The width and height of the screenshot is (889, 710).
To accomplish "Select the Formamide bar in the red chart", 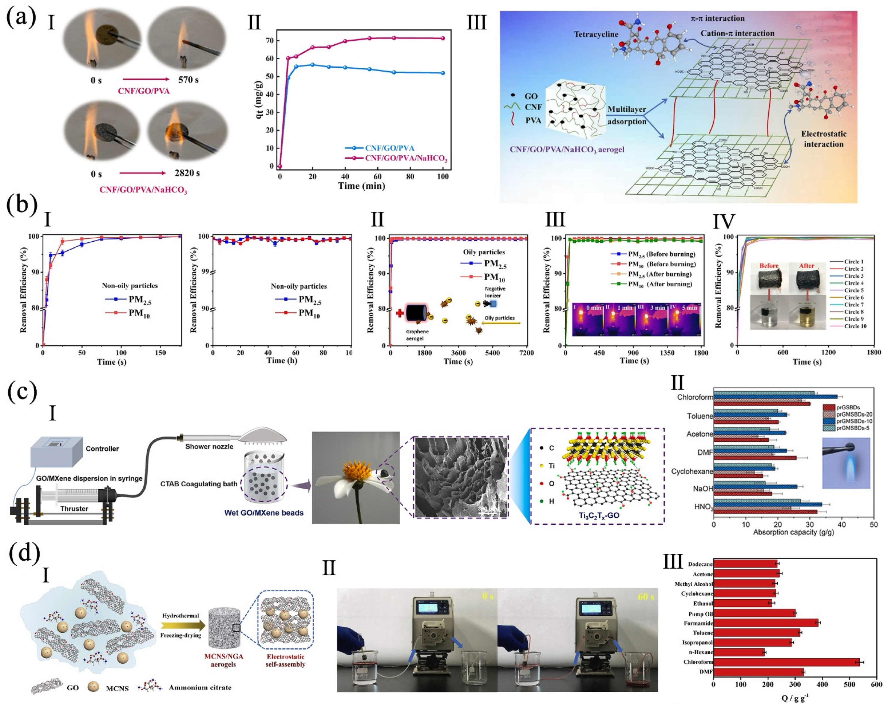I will (x=766, y=623).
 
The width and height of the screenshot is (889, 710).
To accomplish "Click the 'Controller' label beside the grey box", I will (x=102, y=449).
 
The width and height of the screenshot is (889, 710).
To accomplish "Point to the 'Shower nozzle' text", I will (x=209, y=446).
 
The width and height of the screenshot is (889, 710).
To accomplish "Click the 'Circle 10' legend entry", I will (x=855, y=326).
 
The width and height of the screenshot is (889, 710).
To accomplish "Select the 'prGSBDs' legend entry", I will (x=848, y=407).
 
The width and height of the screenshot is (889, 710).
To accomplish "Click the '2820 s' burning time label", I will (x=187, y=173).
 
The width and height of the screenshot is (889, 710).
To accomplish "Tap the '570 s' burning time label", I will (x=188, y=80).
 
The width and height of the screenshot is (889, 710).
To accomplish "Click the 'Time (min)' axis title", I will (x=361, y=186).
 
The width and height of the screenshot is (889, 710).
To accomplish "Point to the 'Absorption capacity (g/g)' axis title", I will (x=793, y=532).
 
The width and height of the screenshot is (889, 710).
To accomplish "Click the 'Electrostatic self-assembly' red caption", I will (x=285, y=661).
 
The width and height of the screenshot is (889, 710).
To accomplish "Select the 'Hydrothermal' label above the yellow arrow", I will (x=180, y=616).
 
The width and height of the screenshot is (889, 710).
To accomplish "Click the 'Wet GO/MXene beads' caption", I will (x=264, y=513).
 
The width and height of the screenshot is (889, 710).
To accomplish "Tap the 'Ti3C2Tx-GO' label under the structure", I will (x=599, y=515).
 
